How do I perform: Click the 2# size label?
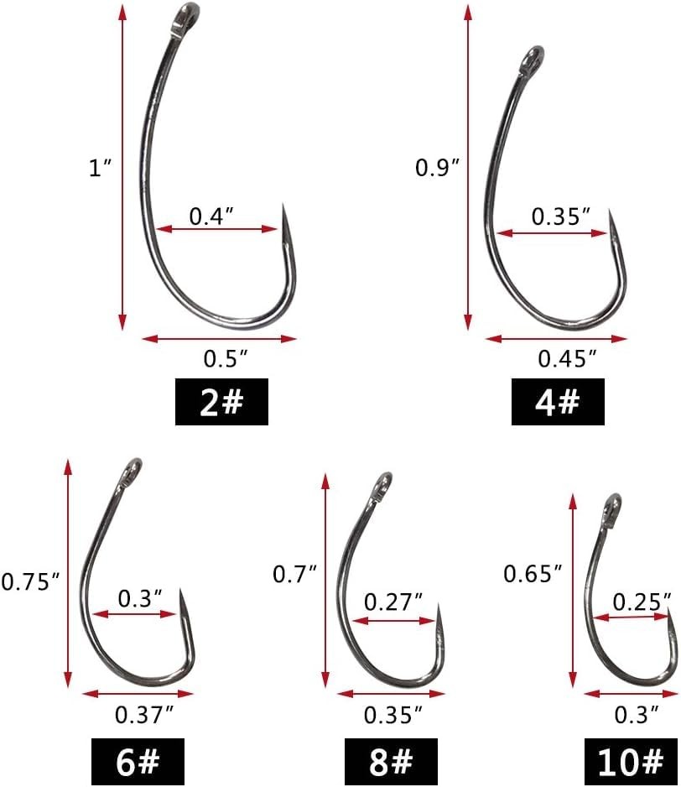(x=221, y=402)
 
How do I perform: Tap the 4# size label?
(x=558, y=402)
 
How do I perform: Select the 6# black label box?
(x=138, y=761)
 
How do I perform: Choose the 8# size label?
(x=391, y=761)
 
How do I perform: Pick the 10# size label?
(x=631, y=761)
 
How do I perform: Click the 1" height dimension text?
(x=100, y=167)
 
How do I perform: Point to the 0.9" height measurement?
(x=438, y=167)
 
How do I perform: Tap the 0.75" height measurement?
(x=31, y=581)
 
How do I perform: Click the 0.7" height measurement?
(x=295, y=574)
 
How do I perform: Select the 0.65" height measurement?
(x=533, y=573)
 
